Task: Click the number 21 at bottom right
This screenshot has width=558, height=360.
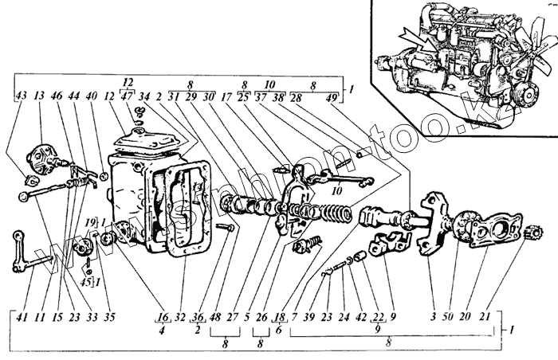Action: tap(485, 316)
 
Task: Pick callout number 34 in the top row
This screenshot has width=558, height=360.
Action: tap(143, 97)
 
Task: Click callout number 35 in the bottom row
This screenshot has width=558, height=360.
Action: tap(110, 316)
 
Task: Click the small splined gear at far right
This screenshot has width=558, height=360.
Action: tap(532, 234)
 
